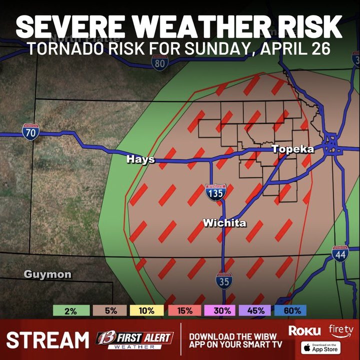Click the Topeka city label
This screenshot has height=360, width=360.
click(292, 149)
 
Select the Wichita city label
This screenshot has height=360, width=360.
click(224, 223)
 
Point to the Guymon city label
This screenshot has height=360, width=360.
click(47, 274)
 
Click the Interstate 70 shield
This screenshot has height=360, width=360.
click(30, 132)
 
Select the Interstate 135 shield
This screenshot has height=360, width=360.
click(215, 192)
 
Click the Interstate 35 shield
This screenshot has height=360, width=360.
click(224, 281)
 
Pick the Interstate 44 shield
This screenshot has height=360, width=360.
click(339, 253)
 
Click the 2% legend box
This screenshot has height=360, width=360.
click(70, 310)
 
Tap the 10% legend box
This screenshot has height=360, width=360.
click(146, 310)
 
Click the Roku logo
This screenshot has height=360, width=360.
click(304, 330)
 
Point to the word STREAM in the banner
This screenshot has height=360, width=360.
click(47, 340)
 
